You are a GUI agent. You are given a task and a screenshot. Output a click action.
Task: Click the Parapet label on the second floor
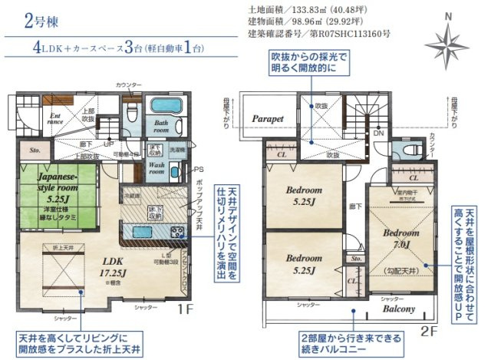pos(268,120)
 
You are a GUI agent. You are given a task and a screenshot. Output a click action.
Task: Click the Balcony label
pos(398,309)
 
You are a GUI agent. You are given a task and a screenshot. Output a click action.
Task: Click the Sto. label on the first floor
pos(34,150)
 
